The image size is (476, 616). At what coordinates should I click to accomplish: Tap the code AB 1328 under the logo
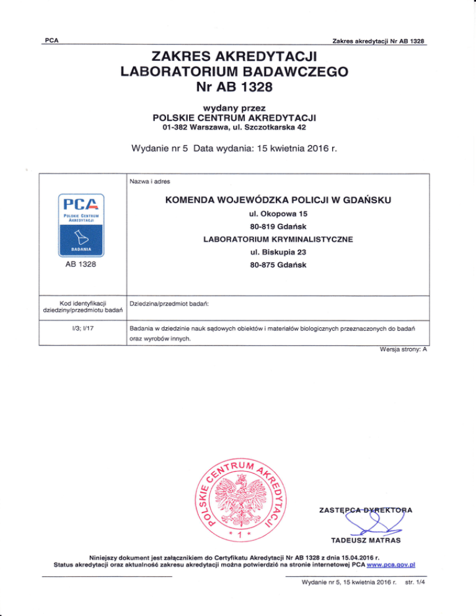pos(82,266)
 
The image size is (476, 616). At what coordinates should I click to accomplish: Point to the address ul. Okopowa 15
pos(273,214)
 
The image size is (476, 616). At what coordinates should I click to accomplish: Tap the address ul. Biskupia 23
pos(273,253)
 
